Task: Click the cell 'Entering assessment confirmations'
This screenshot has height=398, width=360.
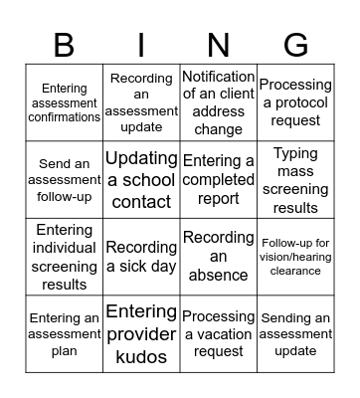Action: click(64, 102)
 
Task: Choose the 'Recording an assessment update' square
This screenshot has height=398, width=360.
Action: click(141, 102)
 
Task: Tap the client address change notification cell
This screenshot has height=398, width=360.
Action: click(218, 102)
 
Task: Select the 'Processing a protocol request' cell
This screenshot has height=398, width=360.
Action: click(295, 102)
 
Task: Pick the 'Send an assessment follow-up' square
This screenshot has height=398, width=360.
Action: click(64, 180)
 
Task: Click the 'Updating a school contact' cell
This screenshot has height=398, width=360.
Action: click(141, 180)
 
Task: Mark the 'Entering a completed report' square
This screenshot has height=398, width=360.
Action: click(218, 180)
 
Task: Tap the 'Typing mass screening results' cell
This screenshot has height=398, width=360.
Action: click(295, 180)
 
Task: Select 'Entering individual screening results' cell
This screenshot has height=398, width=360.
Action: click(64, 257)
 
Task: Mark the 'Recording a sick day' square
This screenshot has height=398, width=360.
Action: click(141, 257)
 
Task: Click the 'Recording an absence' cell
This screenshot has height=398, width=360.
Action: click(218, 257)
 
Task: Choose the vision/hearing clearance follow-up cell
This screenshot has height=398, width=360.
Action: click(295, 257)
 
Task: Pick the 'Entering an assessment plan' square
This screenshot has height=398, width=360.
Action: click(64, 334)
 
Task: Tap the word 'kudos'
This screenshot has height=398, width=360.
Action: click(141, 356)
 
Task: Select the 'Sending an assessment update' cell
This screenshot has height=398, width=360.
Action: click(295, 334)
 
